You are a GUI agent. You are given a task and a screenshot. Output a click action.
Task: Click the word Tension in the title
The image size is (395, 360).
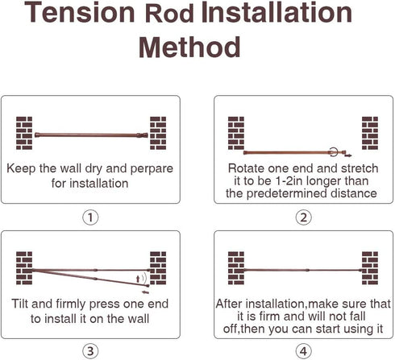[x=80, y=12]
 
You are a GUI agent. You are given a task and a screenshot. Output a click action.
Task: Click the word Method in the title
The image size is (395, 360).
[x=189, y=48]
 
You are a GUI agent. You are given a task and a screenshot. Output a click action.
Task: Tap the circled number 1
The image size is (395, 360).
[x=90, y=217]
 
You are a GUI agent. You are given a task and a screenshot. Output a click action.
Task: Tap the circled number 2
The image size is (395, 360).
[x=303, y=217]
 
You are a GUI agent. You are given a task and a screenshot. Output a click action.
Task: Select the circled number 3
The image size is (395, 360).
[x=90, y=351]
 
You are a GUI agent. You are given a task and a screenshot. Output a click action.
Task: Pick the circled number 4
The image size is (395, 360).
[x=303, y=351]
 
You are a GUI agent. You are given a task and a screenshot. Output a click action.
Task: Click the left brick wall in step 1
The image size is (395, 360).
[x=24, y=133]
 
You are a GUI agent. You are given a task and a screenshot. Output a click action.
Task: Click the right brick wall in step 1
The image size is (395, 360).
[x=158, y=133]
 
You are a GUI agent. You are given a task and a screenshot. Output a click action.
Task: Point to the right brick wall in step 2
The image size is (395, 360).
[x=370, y=133]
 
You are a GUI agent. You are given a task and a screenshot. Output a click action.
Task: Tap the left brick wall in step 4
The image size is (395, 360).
[x=236, y=268]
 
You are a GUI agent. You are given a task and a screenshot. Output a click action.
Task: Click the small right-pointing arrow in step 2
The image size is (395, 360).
[x=348, y=155]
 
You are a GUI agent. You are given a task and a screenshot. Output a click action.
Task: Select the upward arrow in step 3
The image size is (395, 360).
[x=138, y=279]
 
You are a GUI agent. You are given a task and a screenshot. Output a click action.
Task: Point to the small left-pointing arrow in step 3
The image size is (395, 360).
[x=145, y=292]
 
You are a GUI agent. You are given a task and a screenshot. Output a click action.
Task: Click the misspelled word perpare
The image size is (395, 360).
[x=152, y=169]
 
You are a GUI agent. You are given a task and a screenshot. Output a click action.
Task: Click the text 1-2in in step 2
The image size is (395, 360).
[x=289, y=181]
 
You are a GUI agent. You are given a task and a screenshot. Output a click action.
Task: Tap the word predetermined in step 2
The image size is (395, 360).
[x=286, y=193]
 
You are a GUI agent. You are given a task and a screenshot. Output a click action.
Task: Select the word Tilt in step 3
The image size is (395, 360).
[x=20, y=304]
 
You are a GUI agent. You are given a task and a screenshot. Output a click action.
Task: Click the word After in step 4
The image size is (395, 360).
[x=229, y=304]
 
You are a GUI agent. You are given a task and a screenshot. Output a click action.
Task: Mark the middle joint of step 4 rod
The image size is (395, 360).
[x=308, y=270]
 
